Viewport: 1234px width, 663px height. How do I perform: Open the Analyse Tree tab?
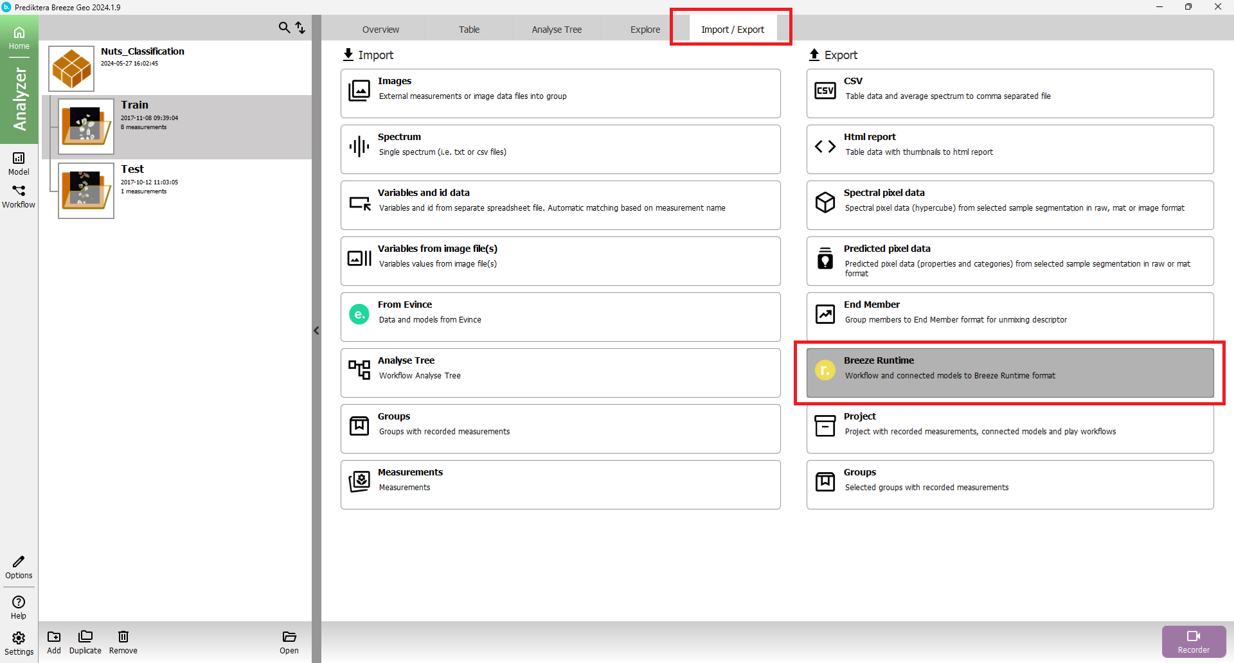[557, 30]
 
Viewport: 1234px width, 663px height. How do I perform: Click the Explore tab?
[645, 30]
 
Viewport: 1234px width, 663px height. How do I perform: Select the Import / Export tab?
[732, 30]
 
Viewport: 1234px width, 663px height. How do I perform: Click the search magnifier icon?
[284, 28]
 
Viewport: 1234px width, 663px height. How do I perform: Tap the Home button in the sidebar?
[19, 38]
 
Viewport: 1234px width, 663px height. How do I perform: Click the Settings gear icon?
[19, 638]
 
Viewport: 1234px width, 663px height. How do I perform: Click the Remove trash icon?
[123, 637]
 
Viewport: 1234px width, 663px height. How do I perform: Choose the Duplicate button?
[85, 642]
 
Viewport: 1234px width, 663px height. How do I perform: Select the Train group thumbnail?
[86, 127]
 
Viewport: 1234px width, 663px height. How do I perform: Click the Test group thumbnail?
[86, 191]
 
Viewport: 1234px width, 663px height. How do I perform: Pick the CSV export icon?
[825, 91]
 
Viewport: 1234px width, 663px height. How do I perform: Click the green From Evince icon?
[359, 314]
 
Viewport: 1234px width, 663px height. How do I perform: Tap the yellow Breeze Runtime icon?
[825, 370]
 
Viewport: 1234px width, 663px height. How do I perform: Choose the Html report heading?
[870, 137]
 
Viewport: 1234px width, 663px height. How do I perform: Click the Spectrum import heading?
[399, 137]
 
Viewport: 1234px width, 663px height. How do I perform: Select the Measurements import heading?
[410, 472]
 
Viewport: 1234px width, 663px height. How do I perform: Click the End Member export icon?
[825, 314]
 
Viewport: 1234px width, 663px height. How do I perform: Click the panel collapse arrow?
[316, 331]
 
